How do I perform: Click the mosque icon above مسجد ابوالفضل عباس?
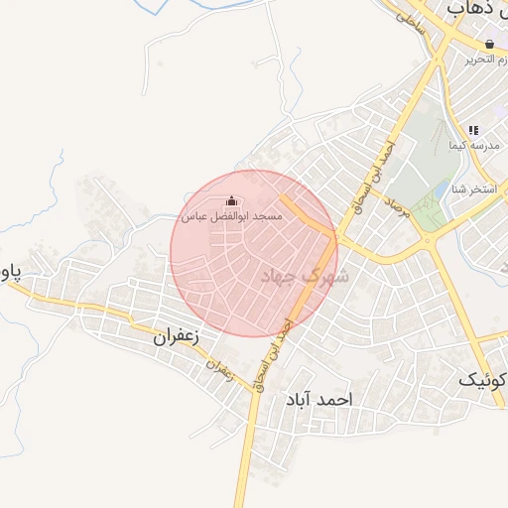(231, 200)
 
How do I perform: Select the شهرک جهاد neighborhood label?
(304, 277)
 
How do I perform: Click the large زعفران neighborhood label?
(177, 336)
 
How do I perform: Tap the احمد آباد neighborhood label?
(319, 399)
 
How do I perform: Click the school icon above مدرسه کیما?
(474, 130)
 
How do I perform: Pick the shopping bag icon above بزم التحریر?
(490, 45)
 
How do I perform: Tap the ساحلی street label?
(410, 23)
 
